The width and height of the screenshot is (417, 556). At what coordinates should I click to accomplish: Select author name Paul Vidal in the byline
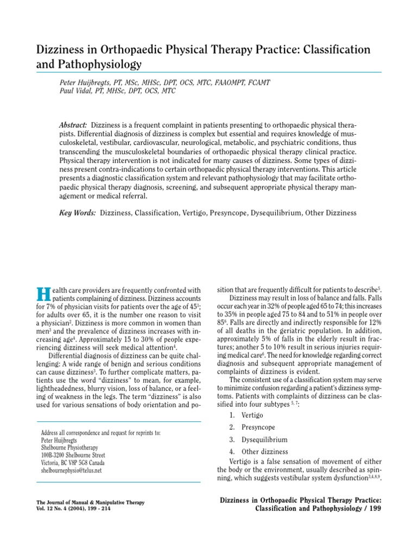(78, 91)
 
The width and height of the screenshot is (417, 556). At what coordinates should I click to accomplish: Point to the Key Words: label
(77, 213)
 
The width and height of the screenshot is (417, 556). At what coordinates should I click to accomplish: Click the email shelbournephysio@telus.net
(71, 471)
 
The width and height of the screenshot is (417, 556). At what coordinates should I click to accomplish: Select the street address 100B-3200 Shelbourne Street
(73, 456)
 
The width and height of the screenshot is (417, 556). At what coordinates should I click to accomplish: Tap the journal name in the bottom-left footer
(90, 503)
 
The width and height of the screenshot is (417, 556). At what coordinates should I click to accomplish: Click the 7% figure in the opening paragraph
(50, 306)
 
